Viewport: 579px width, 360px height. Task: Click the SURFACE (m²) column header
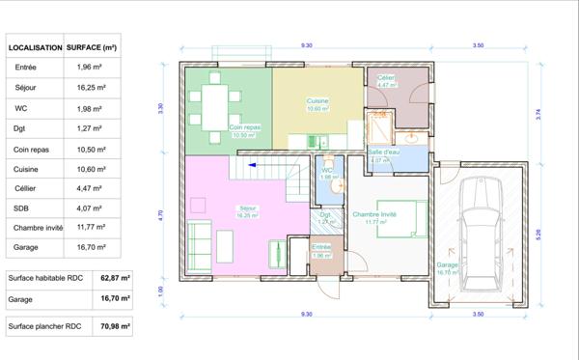click(92, 46)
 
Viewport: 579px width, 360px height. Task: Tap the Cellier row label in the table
click(25, 187)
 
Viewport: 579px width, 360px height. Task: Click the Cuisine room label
click(318, 101)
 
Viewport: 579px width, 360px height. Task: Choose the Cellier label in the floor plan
click(386, 77)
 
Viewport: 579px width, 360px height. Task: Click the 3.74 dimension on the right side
click(538, 114)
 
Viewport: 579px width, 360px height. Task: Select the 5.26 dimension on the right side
click(538, 235)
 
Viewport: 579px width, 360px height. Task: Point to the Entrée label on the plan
click(321, 247)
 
